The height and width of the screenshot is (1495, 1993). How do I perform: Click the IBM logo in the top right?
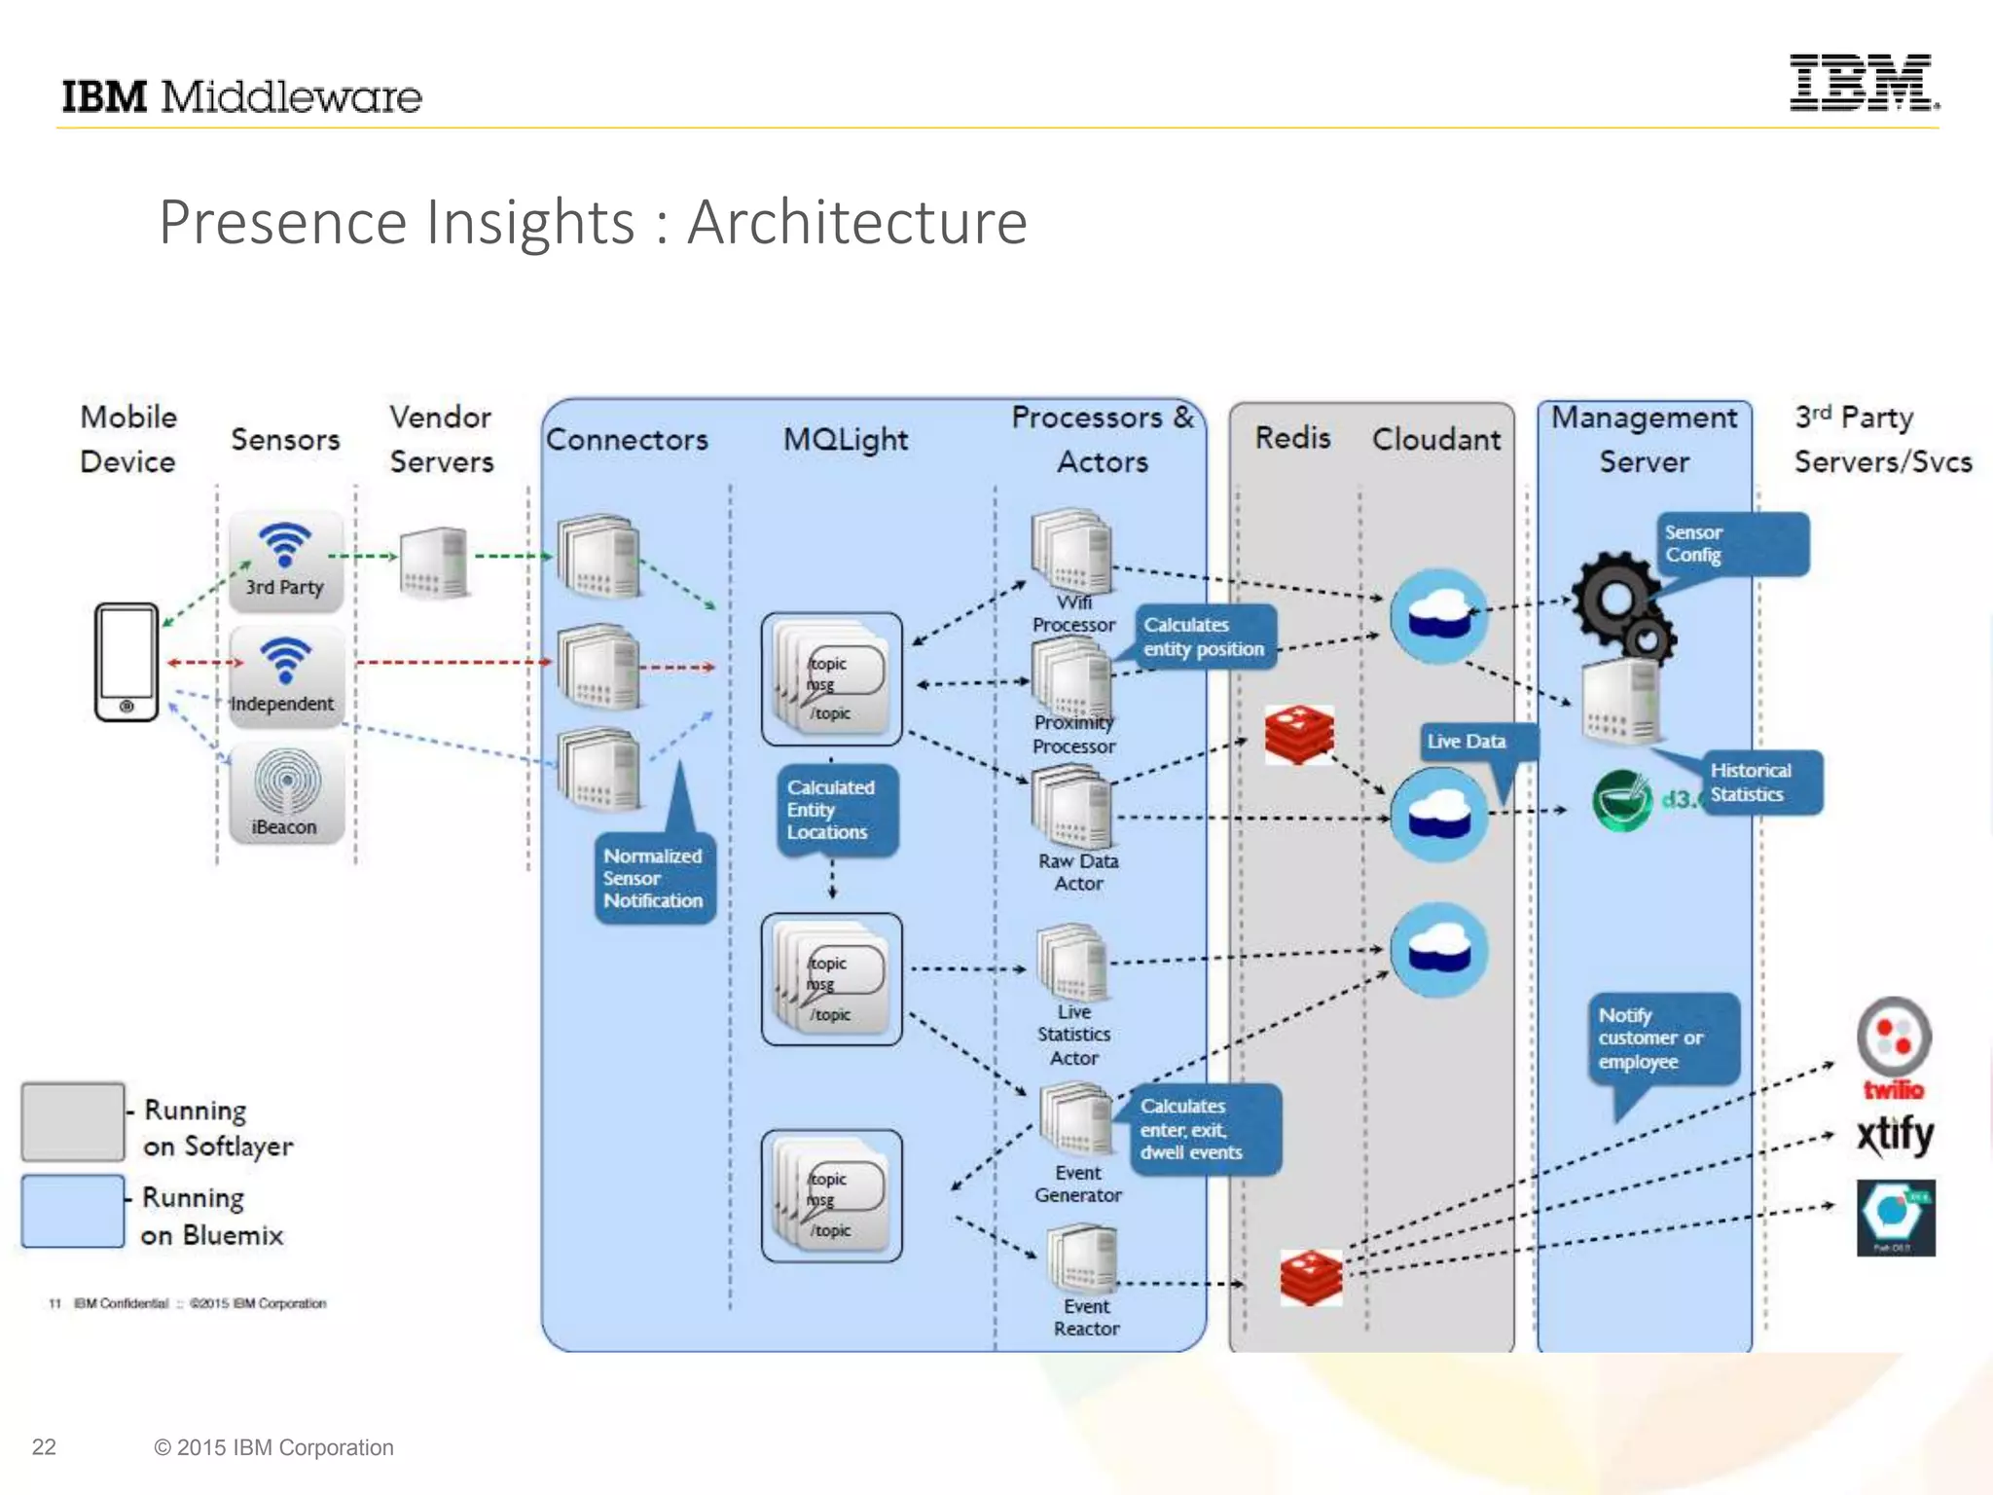coord(1862,83)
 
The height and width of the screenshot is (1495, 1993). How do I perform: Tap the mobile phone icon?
coord(127,662)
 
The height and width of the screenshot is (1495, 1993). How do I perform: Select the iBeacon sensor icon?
coord(286,790)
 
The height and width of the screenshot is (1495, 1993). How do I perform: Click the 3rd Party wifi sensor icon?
coord(285,560)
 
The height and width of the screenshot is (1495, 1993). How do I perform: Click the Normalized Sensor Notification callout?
coord(653,878)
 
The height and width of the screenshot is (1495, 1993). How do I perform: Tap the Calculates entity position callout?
coord(1204,637)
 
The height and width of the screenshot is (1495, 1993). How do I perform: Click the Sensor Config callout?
coord(1730,544)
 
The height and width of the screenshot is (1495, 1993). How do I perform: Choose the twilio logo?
coord(1893,1047)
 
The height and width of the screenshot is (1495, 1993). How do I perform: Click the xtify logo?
coord(1893,1135)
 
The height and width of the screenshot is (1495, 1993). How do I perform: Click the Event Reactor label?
coord(1086,1317)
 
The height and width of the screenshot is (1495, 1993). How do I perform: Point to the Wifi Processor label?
coord(1073,613)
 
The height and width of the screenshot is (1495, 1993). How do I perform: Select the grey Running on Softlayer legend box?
coord(73,1121)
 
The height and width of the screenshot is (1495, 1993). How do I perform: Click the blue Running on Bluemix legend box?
coord(73,1211)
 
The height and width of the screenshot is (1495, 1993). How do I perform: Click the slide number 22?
coord(44,1446)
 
